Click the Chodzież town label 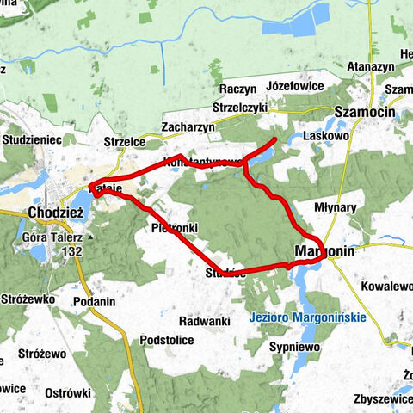click(x=55, y=212)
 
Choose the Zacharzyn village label click(x=188, y=126)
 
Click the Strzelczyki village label click(x=240, y=108)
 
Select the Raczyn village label click(x=238, y=89)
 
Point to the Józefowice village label click(x=295, y=88)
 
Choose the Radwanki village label click(x=204, y=320)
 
